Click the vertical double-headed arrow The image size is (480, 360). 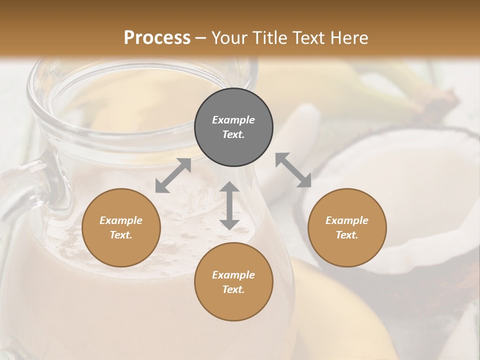point(229,205)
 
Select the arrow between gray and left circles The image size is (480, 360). point(173,175)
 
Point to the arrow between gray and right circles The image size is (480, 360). point(293,170)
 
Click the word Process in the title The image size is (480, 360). point(157,37)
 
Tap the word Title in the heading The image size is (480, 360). point(270,37)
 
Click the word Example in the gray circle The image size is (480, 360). point(233,120)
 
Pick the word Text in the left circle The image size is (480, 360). point(121,235)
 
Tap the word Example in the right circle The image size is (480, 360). point(347,220)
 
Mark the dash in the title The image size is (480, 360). point(201,38)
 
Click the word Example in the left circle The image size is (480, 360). point(121,220)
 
